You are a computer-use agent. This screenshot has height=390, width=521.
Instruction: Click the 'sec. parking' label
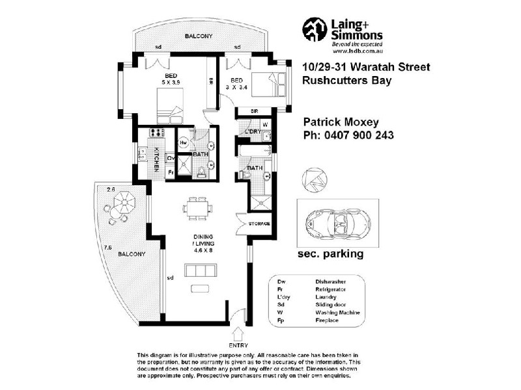[x=330, y=254]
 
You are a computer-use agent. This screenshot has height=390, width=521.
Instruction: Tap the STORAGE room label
[x=259, y=224]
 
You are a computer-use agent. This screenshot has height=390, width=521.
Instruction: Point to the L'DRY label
[x=253, y=133]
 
